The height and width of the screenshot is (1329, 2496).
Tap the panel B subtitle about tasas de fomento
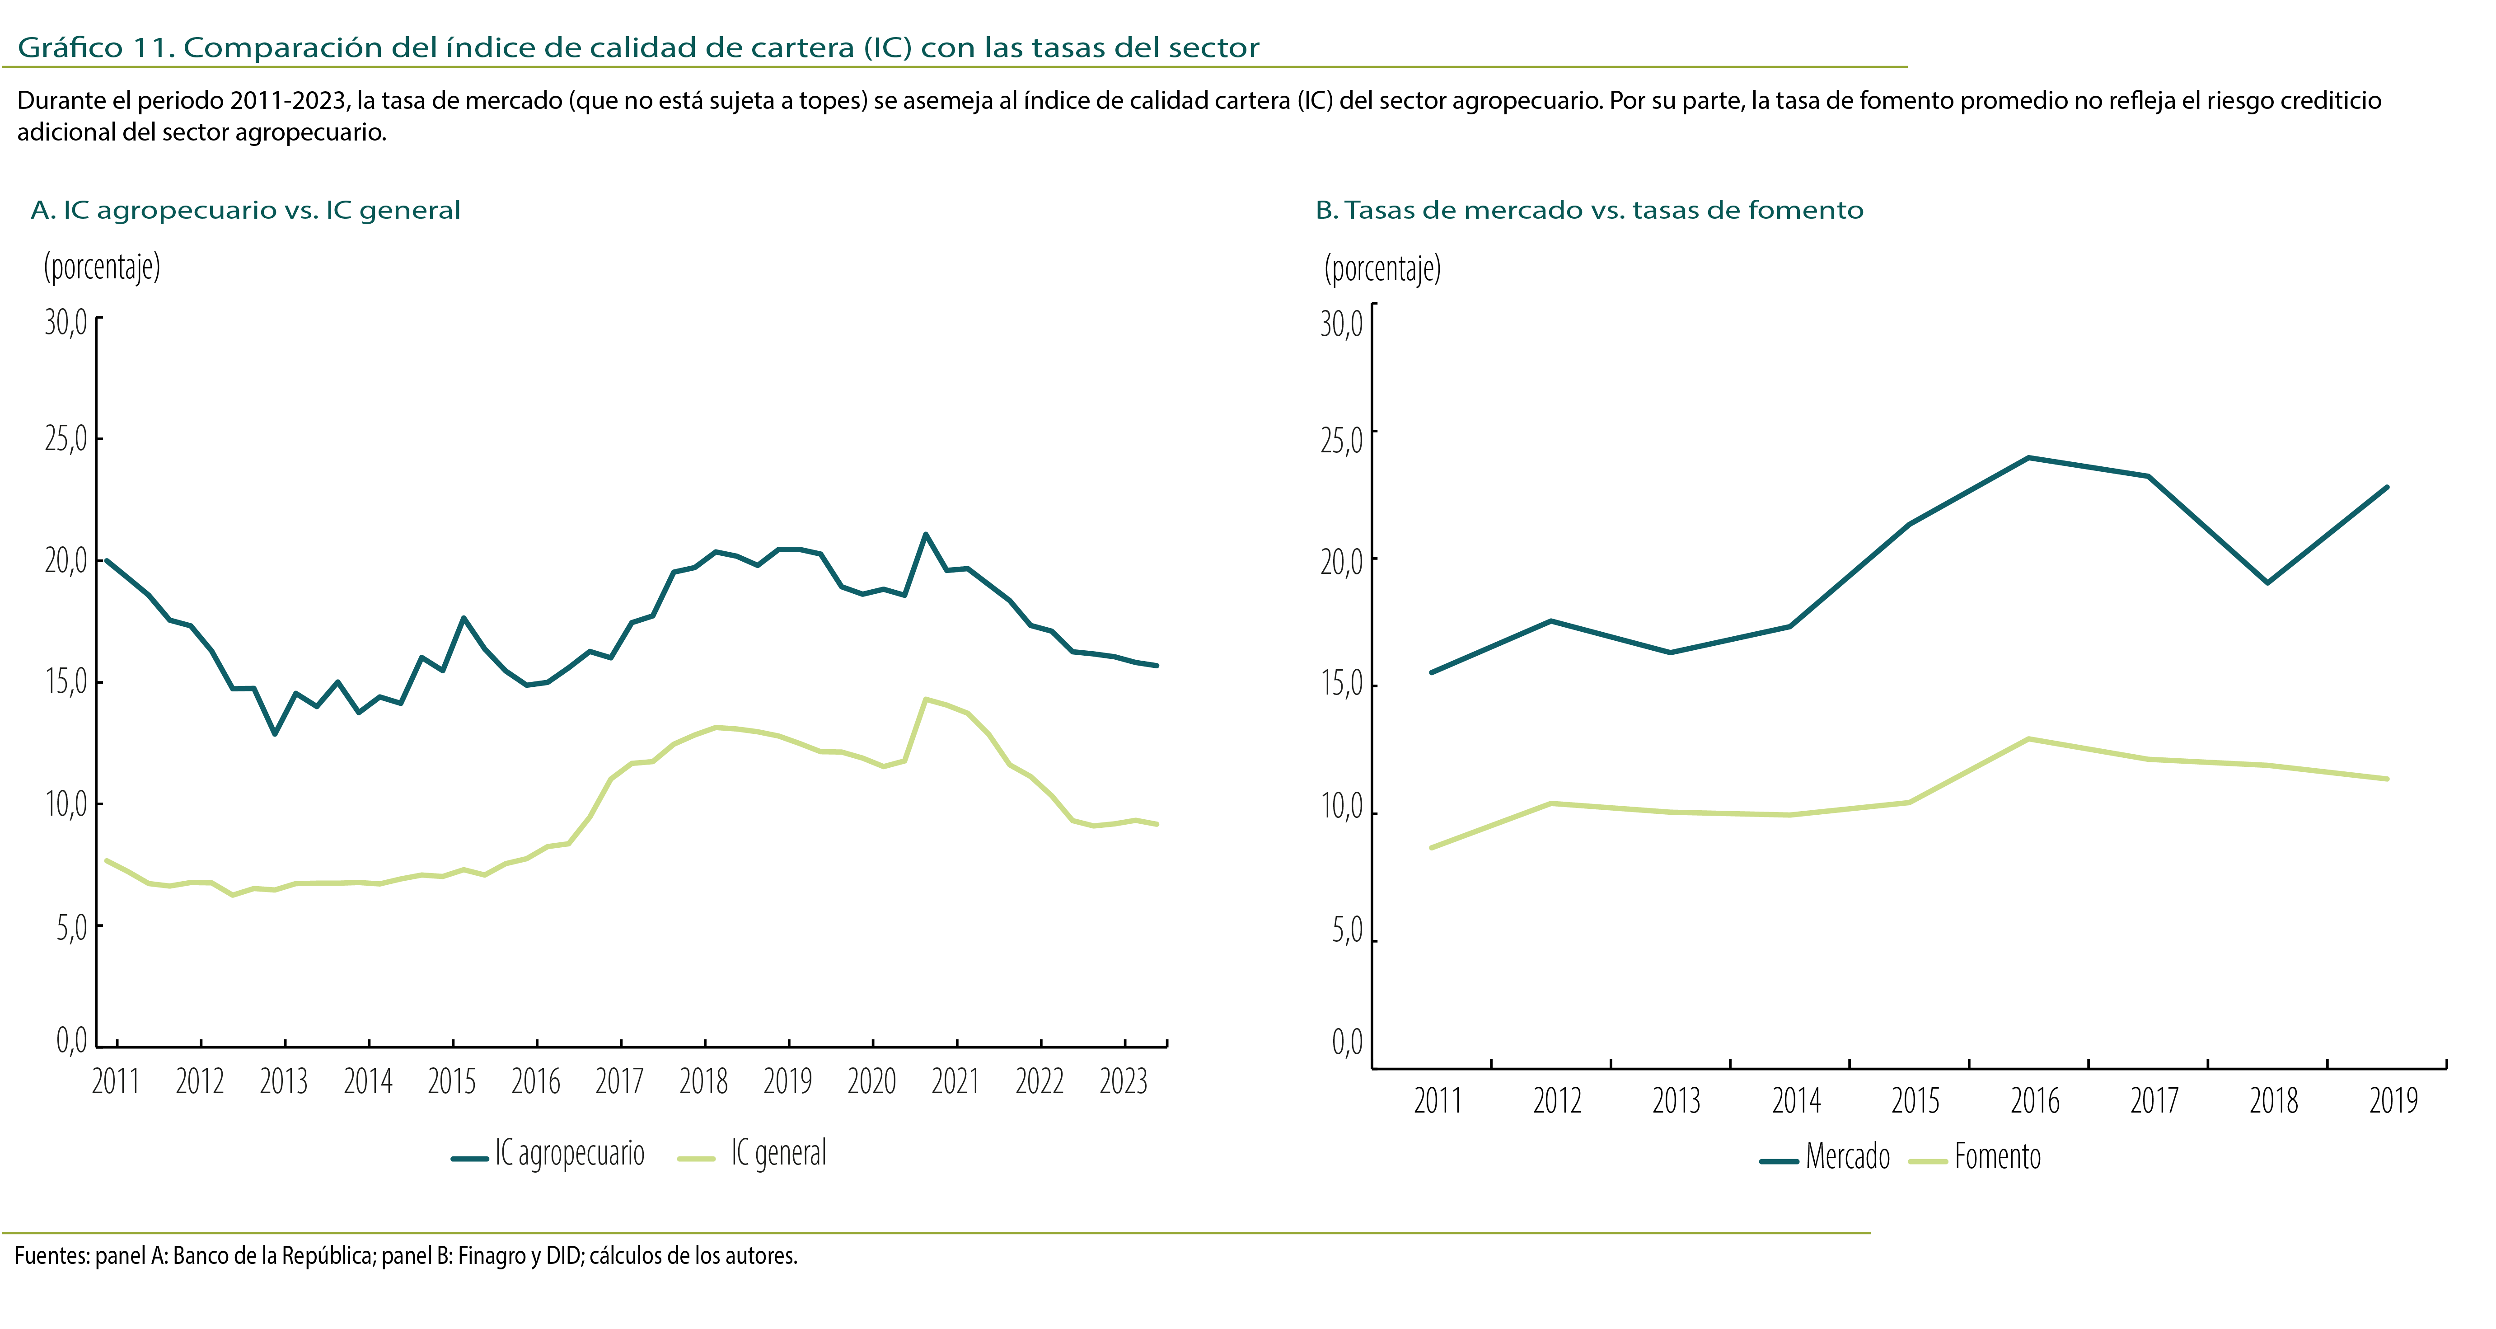1589,210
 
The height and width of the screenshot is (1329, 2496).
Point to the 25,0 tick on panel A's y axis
66,439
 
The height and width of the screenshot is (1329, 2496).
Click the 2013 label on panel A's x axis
283,1081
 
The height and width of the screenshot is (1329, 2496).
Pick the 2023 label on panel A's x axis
1123,1081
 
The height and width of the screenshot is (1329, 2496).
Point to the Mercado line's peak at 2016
2029,458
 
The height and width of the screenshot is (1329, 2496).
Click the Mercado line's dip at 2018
2267,582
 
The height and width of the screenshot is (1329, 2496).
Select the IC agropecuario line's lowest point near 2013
275,734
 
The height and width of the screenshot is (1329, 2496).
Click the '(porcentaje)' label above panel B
1381,268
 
